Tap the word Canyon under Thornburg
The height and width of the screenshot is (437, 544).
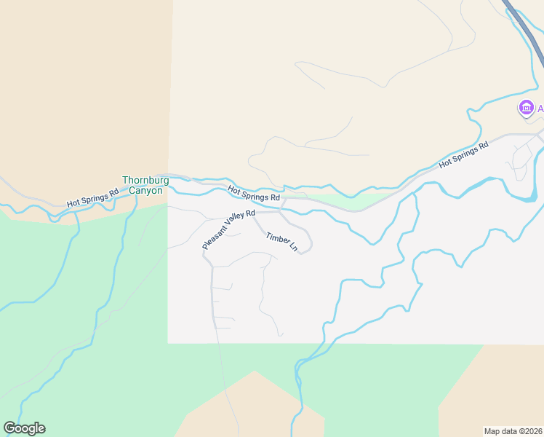tap(145, 190)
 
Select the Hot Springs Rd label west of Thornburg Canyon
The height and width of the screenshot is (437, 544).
tap(92, 198)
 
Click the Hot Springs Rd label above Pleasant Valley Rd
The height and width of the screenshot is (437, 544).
tap(254, 193)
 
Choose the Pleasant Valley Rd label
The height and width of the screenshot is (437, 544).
tap(229, 229)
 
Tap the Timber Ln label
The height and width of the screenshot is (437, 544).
tap(282, 243)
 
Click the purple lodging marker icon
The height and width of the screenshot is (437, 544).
tap(525, 109)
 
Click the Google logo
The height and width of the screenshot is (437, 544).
tap(24, 428)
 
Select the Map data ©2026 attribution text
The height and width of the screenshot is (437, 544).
tap(512, 430)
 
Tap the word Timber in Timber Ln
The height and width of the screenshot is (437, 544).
tap(277, 239)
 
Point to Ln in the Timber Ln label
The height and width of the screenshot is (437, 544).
tap(294, 248)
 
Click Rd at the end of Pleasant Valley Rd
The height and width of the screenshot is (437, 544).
tap(250, 213)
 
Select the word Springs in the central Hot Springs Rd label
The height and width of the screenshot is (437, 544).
tap(255, 194)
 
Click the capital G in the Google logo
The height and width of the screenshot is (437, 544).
tap(9, 428)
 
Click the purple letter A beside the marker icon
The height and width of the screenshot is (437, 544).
tap(540, 109)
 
